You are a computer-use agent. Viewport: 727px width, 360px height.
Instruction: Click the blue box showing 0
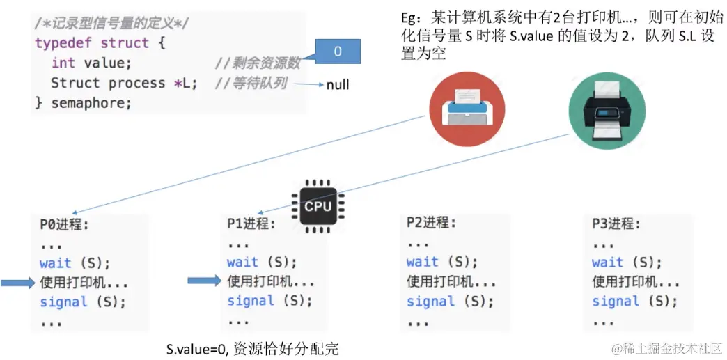tap(338, 52)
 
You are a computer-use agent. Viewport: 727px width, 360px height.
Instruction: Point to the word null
tap(338, 85)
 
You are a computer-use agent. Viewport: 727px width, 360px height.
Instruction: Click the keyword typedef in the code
tap(64, 43)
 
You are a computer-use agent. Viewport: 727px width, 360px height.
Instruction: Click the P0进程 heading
tap(64, 224)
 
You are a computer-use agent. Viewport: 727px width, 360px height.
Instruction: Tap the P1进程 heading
tap(251, 224)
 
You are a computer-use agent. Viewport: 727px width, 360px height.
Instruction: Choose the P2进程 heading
tap(431, 223)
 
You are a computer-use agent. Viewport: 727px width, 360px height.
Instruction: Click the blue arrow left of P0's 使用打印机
tap(17, 282)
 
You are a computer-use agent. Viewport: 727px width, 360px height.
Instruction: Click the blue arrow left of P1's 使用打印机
tap(205, 281)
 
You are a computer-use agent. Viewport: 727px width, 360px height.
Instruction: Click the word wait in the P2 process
tap(422, 262)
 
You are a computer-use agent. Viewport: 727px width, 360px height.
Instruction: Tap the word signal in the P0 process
tap(63, 302)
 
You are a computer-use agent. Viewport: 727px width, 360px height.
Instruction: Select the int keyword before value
tap(63, 63)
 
